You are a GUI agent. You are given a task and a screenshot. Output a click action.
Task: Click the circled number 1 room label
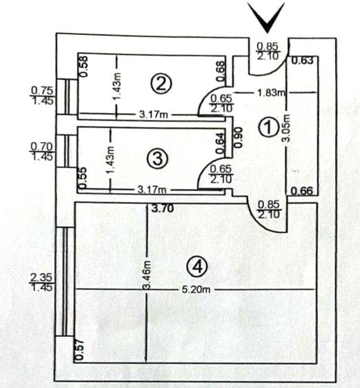(268, 128)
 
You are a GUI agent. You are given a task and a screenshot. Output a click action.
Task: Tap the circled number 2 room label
(161, 84)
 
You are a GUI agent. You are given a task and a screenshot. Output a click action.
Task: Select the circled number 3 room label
(158, 159)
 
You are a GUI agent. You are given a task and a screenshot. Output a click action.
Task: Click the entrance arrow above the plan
(267, 17)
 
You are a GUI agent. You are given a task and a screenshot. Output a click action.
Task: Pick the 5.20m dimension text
(196, 289)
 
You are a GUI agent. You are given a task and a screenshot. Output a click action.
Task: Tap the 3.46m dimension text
(147, 275)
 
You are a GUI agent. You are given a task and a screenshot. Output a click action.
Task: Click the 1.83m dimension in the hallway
(271, 93)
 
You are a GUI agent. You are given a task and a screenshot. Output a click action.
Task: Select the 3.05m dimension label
(286, 127)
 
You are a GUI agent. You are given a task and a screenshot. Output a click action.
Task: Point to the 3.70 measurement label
(163, 209)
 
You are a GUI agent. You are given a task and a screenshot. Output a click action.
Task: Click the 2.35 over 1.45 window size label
(41, 283)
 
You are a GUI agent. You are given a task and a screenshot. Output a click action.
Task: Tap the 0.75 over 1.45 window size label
(42, 96)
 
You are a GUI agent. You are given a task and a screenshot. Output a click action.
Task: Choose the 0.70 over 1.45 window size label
(41, 152)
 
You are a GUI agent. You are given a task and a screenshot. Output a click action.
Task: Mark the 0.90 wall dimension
(238, 138)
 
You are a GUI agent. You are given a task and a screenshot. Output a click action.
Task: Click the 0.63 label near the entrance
(302, 61)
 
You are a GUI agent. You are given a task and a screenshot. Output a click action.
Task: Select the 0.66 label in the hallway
(301, 191)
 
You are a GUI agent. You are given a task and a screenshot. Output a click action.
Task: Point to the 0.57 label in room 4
(80, 351)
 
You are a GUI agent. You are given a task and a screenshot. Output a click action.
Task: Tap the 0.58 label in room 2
(83, 67)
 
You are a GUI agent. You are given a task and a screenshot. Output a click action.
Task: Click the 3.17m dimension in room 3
(152, 190)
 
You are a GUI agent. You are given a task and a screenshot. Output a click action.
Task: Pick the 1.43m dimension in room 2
(117, 86)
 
